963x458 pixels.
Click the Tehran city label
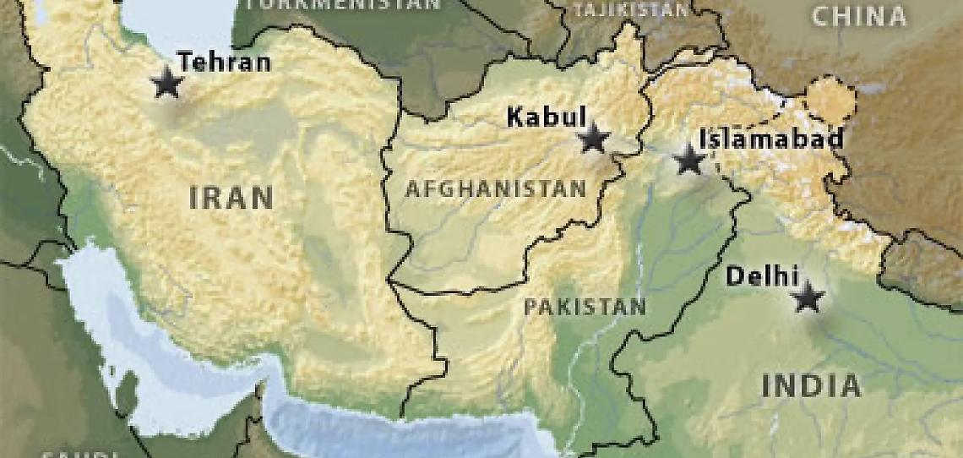(224, 62)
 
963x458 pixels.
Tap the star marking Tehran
(167, 84)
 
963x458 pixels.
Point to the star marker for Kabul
(594, 138)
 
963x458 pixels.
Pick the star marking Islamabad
(689, 160)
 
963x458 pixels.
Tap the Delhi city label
(762, 275)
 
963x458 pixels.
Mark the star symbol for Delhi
(808, 297)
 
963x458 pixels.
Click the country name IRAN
(231, 198)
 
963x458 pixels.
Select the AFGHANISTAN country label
(495, 188)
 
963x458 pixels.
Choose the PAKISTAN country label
(585, 306)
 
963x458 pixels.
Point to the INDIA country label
(811, 386)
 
